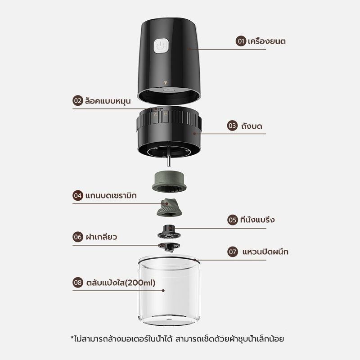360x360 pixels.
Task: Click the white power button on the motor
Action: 161,46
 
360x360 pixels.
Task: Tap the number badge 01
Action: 241,41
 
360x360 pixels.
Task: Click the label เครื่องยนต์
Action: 266,41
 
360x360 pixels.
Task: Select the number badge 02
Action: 78,100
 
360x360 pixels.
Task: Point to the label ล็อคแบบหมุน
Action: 108,101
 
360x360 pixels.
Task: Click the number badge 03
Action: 232,126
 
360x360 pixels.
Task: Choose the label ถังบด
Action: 252,126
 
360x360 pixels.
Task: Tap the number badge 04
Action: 78,196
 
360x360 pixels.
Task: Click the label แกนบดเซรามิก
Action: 111,196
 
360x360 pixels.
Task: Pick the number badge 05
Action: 232,220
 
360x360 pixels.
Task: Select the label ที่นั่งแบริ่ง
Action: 257,220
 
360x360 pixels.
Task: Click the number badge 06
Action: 78,237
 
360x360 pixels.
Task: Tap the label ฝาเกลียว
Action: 101,237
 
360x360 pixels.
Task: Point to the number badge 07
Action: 232,252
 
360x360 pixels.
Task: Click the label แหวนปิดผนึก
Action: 265,252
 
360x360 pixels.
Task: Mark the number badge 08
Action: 78,283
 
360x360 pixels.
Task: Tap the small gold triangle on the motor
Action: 165,83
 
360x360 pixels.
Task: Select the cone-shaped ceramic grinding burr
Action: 169,207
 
